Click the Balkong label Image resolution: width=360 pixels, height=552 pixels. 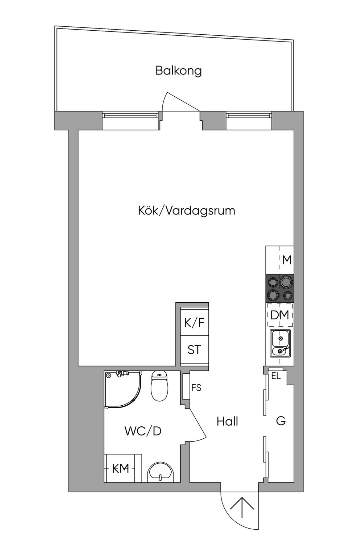click(178, 70)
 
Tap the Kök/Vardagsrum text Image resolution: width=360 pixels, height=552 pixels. click(186, 210)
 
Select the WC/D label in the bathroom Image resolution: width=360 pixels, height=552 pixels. click(143, 431)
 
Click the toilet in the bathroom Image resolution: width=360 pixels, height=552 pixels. click(159, 386)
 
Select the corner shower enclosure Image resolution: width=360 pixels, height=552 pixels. click(123, 389)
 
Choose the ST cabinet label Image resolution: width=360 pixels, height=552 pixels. click(194, 350)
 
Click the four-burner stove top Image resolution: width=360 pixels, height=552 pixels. click(280, 288)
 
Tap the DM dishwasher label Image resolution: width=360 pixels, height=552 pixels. click(279, 315)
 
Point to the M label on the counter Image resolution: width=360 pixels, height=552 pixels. click(287, 260)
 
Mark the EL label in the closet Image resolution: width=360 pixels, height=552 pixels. click(276, 376)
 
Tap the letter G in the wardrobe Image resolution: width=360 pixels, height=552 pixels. click(281, 421)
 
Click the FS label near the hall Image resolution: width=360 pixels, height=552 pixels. click(196, 388)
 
